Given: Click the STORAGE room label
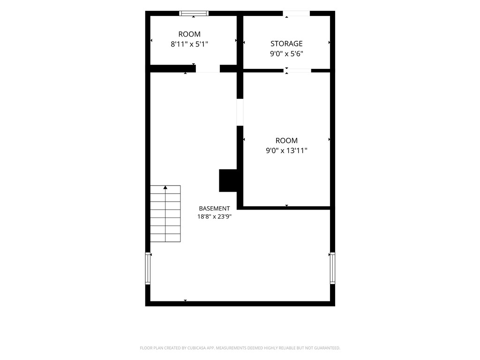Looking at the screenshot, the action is [286, 44].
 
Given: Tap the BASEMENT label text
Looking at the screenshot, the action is [214, 209].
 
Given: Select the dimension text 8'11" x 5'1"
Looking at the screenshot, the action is [189, 44].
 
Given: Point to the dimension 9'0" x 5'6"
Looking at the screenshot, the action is [286, 53].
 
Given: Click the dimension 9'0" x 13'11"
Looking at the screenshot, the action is [286, 150].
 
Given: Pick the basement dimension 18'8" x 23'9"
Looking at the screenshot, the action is [214, 217].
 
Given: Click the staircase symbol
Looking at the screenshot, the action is [165, 214].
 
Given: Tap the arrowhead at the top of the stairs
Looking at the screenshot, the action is [165, 187].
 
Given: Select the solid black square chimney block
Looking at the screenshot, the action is [228, 180].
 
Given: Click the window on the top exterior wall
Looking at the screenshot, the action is [194, 13].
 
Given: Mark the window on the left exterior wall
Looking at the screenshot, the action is [148, 269].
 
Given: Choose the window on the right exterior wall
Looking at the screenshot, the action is [332, 268].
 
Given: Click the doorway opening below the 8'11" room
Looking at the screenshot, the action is [208, 68].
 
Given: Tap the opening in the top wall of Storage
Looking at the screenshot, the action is [296, 13].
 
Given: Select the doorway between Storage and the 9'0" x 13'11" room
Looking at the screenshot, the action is [297, 71].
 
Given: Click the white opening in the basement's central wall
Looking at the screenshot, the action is [240, 112].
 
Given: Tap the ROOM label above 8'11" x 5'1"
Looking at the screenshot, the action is [189, 34].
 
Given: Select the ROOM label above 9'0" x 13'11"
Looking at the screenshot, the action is [286, 141].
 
